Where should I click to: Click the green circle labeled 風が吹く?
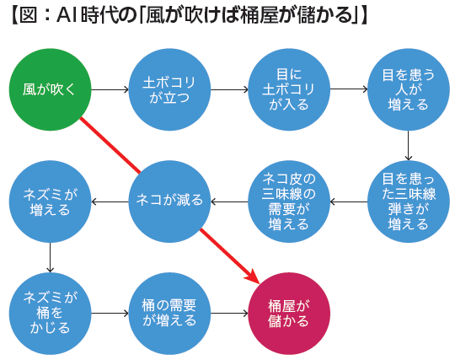tap(51, 89)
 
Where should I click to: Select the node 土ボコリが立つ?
tap(169, 89)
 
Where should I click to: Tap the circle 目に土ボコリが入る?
tap(289, 89)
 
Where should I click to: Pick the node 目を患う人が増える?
tap(409, 89)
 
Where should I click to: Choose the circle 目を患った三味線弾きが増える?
tap(409, 201)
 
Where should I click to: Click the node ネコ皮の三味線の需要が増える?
tap(289, 201)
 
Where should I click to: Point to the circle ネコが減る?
tap(169, 201)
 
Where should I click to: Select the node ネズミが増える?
tap(51, 201)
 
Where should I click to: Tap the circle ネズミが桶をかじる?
tap(51, 314)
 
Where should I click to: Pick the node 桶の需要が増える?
tap(169, 314)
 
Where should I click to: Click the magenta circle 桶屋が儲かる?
tap(289, 314)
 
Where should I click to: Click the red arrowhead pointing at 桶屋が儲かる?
tap(253, 276)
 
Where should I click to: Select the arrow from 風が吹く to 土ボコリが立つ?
tap(110, 89)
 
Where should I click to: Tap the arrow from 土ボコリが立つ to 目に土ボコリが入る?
tap(229, 89)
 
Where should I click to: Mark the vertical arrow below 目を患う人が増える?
tap(409, 146)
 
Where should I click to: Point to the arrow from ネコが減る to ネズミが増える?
tap(110, 201)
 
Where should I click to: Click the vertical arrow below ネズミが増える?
tap(51, 257)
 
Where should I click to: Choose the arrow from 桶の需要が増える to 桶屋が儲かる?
tap(229, 314)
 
